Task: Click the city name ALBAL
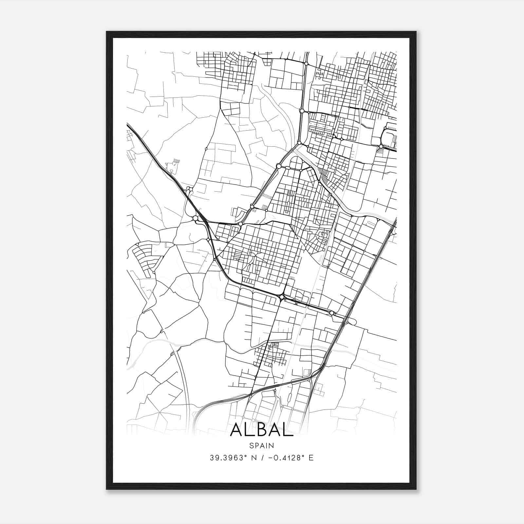point(262,430)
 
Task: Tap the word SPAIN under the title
point(262,445)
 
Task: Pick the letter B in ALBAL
point(262,430)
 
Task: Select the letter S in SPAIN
point(252,445)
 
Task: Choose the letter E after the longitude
point(311,458)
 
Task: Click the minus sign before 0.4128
point(271,458)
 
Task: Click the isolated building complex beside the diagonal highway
point(173,165)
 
